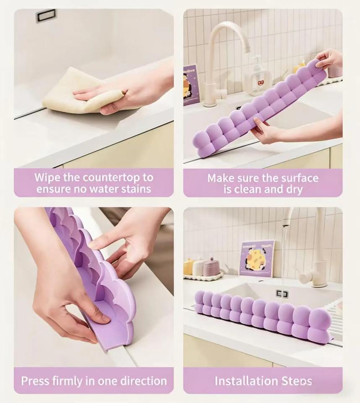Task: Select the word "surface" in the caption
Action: [x=300, y=178]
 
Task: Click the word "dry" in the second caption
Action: [x=294, y=190]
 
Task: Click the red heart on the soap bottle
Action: [x=261, y=83]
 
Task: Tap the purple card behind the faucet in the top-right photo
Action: [x=190, y=85]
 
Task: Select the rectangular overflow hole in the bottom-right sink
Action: [x=282, y=293]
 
